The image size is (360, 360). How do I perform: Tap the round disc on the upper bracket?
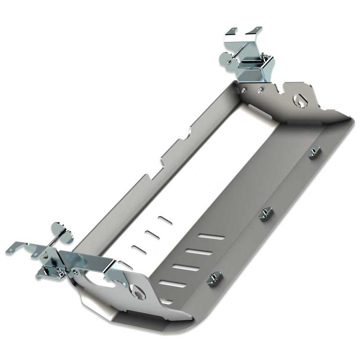pos(225,58)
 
